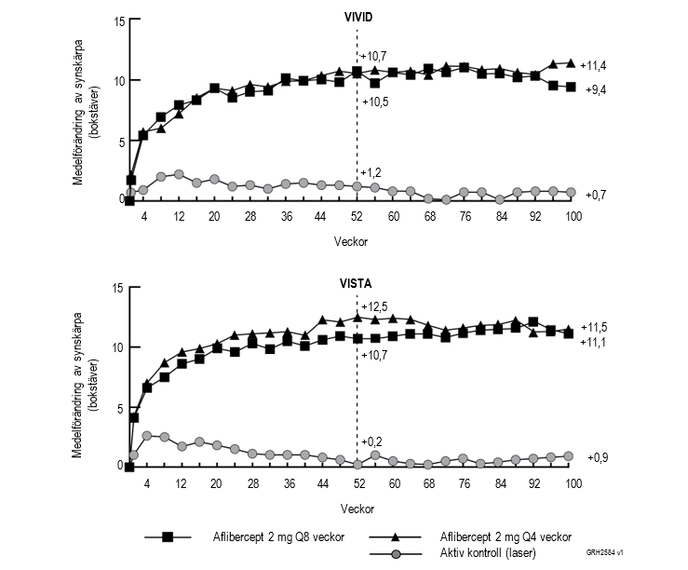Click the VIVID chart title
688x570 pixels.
click(357, 16)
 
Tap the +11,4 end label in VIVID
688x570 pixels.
click(594, 65)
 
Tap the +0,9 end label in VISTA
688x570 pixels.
click(599, 458)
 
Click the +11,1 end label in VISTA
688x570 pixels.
click(594, 343)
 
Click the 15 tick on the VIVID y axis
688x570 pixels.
click(118, 21)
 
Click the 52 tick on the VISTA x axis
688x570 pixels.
click(357, 483)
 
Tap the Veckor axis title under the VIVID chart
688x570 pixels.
click(351, 239)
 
